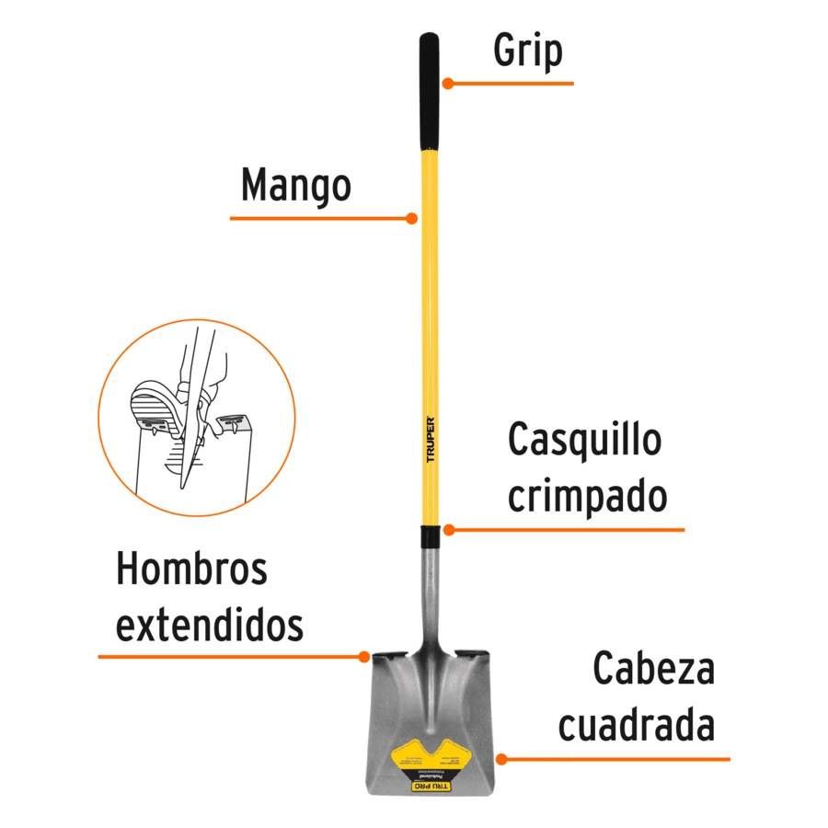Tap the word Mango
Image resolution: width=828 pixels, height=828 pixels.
[x=295, y=185]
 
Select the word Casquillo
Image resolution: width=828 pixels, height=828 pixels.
[x=584, y=440]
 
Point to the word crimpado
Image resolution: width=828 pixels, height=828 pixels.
[x=587, y=497]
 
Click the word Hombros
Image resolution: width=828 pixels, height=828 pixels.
[x=191, y=569]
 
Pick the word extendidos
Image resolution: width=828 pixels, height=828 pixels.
[x=210, y=626]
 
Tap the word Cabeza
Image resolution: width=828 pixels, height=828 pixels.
[x=653, y=669]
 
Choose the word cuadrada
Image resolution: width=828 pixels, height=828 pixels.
[x=637, y=726]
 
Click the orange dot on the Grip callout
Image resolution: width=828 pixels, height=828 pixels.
[x=448, y=83]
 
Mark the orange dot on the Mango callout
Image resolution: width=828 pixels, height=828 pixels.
[x=412, y=219]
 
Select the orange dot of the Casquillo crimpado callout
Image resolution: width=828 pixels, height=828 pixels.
[x=448, y=530]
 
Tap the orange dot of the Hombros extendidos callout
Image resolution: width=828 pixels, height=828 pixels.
[x=363, y=656]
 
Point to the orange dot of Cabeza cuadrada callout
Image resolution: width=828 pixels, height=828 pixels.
[x=501, y=759]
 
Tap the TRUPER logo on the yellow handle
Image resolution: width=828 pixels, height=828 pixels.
[x=430, y=443]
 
